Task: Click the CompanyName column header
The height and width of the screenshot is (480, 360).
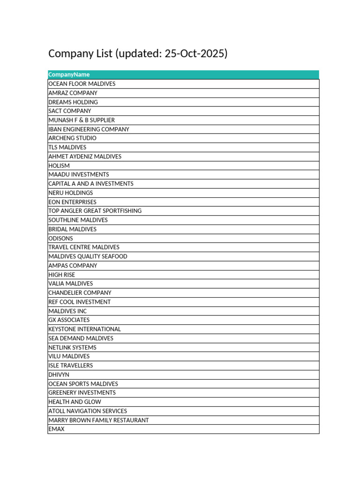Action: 69,75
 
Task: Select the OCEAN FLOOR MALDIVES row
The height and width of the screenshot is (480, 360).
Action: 82,84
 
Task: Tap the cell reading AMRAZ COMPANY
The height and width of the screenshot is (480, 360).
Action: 73,93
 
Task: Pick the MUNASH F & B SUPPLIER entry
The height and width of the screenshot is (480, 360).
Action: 82,120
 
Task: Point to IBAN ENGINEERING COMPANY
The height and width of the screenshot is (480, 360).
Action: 89,129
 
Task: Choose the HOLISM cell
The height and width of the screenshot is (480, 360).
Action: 59,165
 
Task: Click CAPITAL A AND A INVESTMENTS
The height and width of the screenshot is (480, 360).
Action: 91,184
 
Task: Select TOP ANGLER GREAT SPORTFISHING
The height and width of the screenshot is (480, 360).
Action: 95,211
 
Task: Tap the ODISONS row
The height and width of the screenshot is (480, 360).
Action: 61,238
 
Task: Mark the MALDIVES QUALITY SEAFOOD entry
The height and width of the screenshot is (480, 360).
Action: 88,256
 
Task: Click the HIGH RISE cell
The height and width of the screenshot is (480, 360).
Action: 61,275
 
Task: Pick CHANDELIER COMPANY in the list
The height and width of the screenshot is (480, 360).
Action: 80,292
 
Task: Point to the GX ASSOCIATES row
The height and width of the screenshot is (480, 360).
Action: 69,320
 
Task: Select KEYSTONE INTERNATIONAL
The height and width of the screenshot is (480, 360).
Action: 84,329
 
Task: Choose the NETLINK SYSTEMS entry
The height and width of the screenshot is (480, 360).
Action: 72,347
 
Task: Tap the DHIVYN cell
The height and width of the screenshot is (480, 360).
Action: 59,375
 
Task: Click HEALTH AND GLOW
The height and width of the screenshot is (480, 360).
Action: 75,402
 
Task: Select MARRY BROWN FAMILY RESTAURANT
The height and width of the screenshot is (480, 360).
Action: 98,420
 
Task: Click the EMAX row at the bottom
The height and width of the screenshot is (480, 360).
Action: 56,429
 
